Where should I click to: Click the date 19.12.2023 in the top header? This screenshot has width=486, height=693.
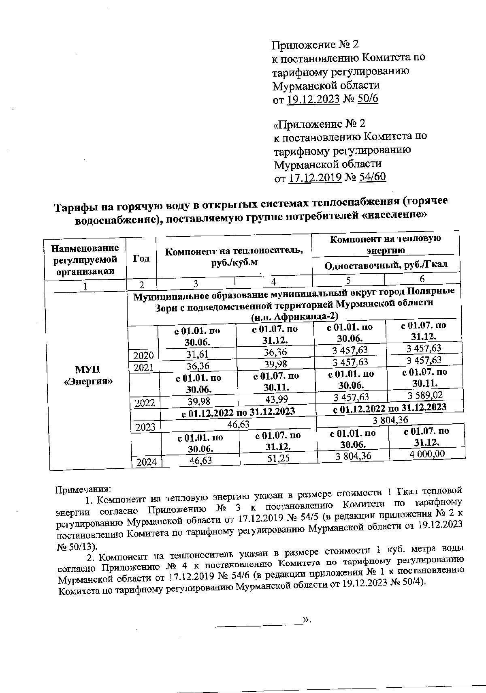tap(313, 99)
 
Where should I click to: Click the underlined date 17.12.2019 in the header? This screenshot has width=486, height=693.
tap(315, 178)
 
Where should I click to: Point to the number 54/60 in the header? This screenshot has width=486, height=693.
tap(372, 177)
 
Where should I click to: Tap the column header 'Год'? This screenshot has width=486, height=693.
tap(141, 258)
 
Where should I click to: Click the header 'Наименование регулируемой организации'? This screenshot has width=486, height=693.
tap(85, 259)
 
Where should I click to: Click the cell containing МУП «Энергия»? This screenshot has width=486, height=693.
tap(88, 375)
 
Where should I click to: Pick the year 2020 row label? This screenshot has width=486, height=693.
tap(144, 355)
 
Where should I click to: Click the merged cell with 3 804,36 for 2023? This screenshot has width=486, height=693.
tap(390, 420)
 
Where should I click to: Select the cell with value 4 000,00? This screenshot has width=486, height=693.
tap(427, 453)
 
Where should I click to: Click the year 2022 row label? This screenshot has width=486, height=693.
tap(145, 403)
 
